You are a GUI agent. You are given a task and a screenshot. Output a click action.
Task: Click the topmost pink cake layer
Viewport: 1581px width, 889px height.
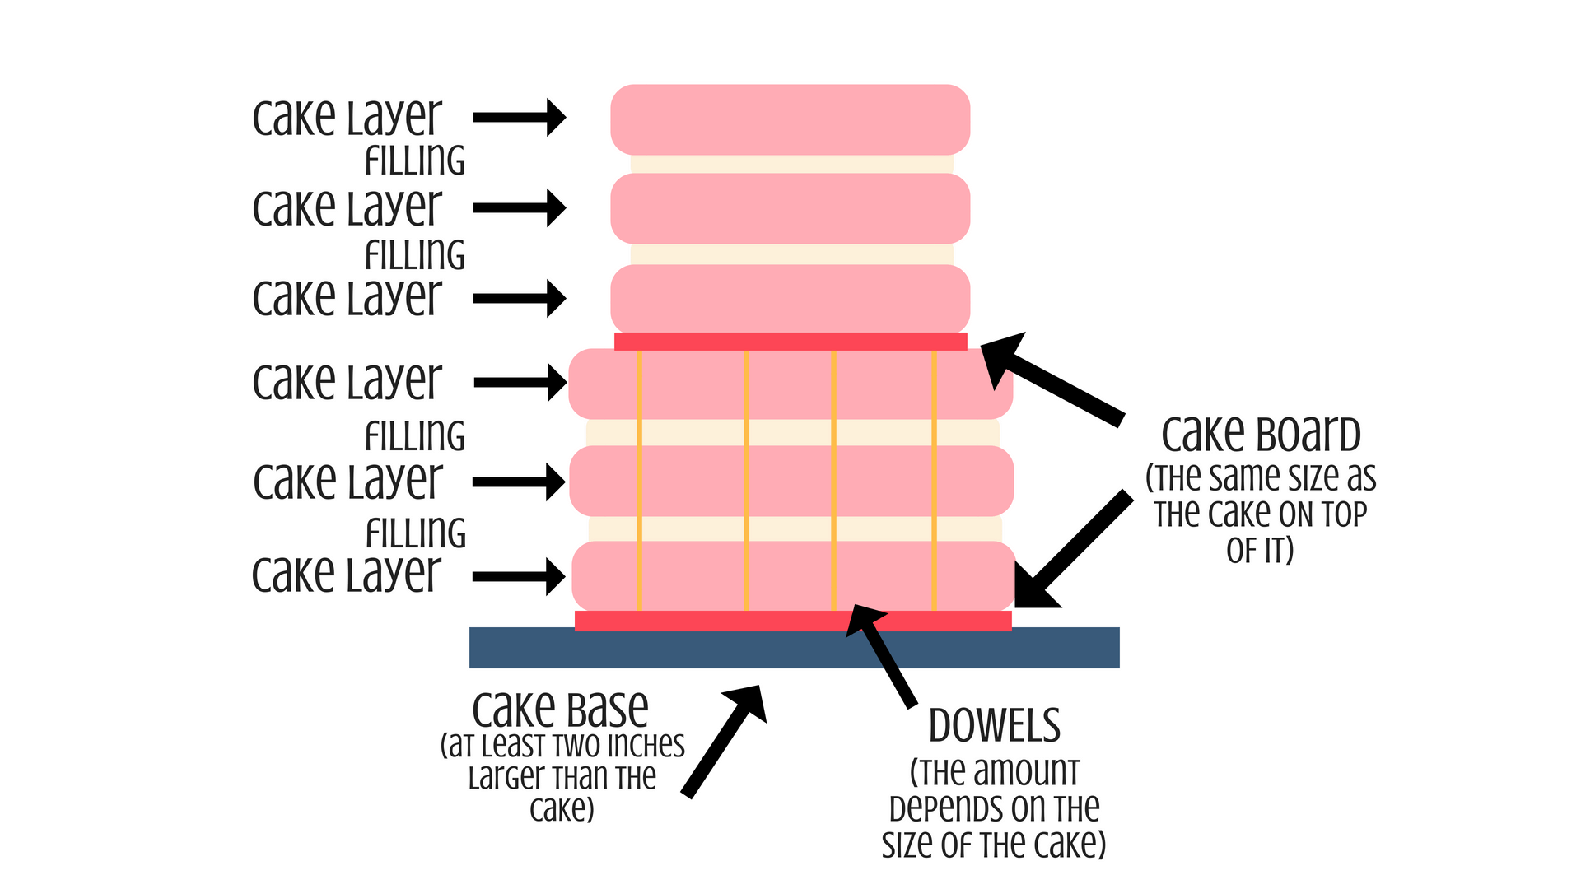[x=790, y=119]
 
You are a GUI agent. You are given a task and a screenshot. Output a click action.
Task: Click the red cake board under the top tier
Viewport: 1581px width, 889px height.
[x=790, y=341]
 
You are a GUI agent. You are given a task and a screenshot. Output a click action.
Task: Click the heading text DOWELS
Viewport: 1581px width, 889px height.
[x=994, y=726]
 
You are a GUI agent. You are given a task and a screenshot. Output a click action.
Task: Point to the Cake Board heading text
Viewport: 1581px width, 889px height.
[x=1260, y=435]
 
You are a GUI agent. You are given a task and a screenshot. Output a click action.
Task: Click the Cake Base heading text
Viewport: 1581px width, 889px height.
[x=560, y=710]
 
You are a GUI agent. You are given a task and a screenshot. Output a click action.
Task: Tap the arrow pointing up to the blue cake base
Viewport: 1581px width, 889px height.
[x=725, y=741]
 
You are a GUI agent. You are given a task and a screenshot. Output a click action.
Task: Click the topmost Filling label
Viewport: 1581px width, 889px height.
[x=415, y=161]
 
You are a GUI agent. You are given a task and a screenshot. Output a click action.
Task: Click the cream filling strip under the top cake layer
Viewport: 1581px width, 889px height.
[x=790, y=164]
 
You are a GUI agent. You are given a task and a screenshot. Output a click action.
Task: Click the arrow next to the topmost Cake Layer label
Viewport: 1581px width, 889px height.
[x=520, y=117]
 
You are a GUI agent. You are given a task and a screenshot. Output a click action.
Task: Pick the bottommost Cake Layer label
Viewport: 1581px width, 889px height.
[x=347, y=575]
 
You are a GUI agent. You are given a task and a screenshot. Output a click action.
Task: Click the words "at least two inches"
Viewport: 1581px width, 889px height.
[x=562, y=745]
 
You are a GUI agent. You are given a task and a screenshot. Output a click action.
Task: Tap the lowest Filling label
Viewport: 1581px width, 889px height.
[x=416, y=533]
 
